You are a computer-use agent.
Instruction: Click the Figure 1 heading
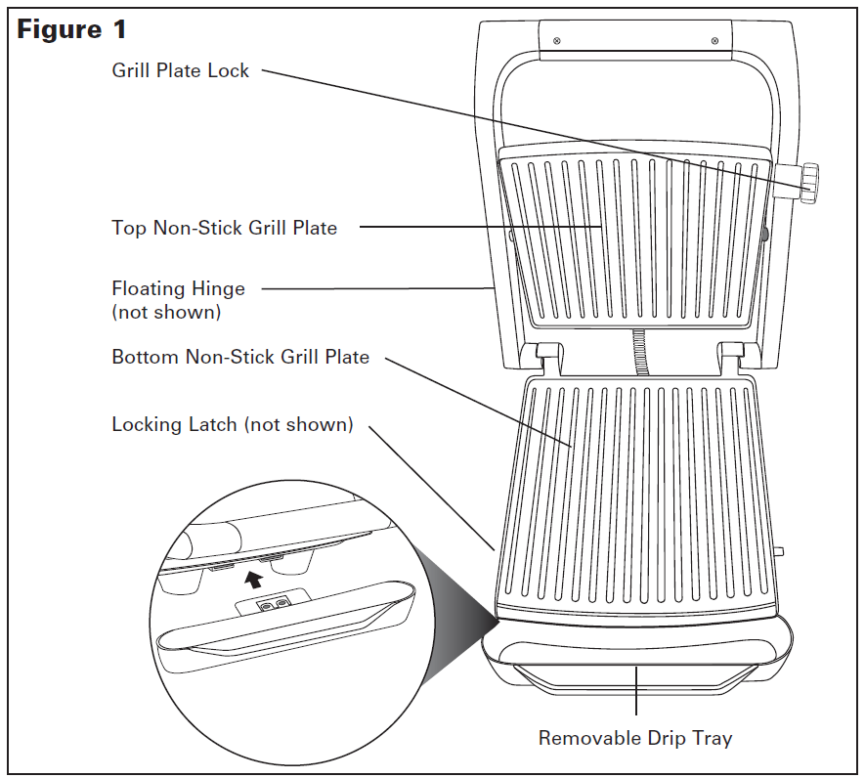(x=71, y=29)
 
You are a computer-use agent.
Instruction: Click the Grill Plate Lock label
(x=181, y=70)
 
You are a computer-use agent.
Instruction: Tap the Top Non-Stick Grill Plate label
(x=224, y=228)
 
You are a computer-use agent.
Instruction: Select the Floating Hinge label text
(x=178, y=288)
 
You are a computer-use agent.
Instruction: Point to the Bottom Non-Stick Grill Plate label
(x=240, y=357)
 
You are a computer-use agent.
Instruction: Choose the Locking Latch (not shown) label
(x=232, y=424)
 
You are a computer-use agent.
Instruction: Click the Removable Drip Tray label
(x=634, y=738)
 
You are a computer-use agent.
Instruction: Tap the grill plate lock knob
(x=808, y=184)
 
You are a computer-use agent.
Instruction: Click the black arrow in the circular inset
(x=254, y=579)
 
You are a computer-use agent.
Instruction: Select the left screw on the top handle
(x=556, y=41)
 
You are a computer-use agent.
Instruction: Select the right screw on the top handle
(x=714, y=41)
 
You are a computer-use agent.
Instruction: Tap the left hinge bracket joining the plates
(x=546, y=359)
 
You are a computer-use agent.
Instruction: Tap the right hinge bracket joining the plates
(x=733, y=359)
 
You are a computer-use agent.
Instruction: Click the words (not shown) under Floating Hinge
(x=166, y=313)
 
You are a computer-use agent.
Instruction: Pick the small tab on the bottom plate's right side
(x=779, y=552)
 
